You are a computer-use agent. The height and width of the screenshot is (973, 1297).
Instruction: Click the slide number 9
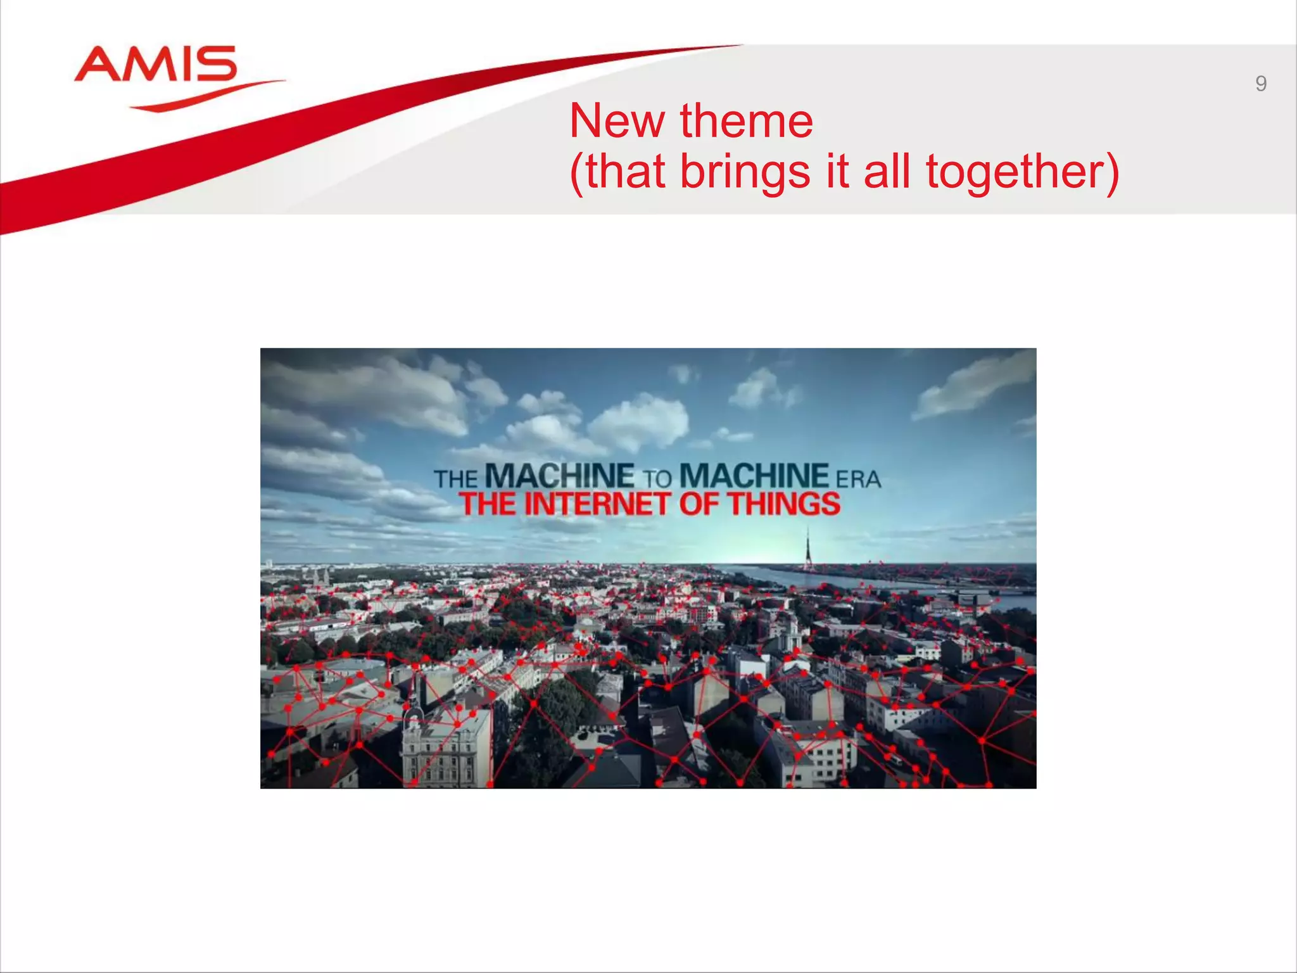click(1260, 84)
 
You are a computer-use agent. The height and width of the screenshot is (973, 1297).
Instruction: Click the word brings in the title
click(745, 172)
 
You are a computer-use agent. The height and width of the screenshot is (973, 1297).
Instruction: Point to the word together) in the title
click(1022, 172)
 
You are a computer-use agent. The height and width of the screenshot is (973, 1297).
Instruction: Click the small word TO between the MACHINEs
click(657, 479)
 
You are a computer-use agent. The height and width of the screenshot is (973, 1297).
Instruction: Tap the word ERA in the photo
click(858, 480)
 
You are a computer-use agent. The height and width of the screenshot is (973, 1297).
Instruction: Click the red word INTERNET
click(597, 504)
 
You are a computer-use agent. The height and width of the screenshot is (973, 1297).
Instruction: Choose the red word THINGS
click(783, 504)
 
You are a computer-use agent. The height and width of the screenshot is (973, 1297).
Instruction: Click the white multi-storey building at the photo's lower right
click(820, 757)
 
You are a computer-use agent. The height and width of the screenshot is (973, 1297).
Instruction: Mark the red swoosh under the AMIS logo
click(209, 96)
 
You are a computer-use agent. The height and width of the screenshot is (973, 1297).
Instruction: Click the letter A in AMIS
click(99, 65)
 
